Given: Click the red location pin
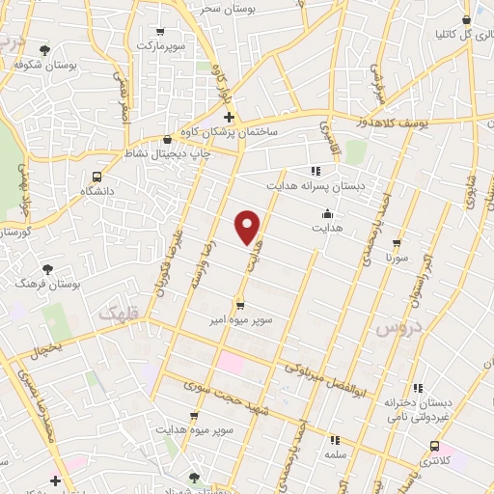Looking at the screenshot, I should (249, 226).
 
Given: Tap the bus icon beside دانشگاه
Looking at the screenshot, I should (96, 177).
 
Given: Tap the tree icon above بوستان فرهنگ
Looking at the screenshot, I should (47, 268).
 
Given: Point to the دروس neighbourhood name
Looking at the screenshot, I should (393, 329).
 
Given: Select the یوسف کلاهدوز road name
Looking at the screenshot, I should (397, 123).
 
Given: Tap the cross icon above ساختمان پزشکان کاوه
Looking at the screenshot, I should (229, 118).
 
